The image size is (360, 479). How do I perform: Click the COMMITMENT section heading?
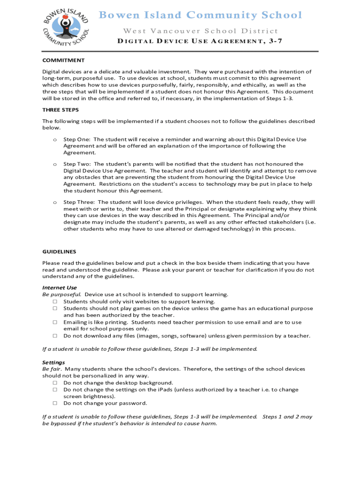63,60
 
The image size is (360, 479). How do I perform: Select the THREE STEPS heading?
60,110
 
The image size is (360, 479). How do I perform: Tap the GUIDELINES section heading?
59,252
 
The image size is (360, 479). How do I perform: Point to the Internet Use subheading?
59,288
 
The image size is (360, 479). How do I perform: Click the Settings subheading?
53,363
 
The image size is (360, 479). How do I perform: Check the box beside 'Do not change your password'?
55,403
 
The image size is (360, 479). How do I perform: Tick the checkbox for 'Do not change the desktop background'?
55,383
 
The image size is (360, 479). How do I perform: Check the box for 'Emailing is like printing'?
55,322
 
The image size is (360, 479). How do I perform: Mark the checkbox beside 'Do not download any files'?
55,336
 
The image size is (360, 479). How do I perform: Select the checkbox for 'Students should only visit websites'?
55,302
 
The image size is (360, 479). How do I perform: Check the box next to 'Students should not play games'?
55,309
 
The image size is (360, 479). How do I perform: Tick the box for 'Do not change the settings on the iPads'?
55,390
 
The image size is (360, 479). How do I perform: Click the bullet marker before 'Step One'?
55,139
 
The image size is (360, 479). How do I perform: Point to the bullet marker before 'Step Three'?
55,202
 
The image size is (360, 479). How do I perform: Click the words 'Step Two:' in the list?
77,164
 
